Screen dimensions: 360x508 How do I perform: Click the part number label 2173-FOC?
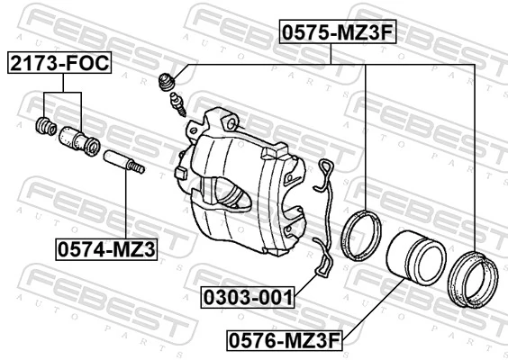[59, 64]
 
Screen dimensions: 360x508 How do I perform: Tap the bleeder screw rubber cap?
[166, 83]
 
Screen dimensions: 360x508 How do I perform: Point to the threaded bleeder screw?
[178, 105]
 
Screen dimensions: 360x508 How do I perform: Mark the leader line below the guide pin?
[124, 207]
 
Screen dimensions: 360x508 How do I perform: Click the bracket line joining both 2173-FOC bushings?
[63, 93]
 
